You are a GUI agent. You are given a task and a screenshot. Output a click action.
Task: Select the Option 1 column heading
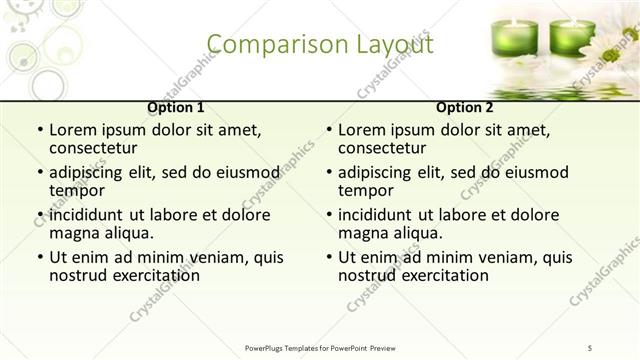point(176,107)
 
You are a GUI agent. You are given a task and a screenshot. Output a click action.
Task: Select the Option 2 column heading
point(465,107)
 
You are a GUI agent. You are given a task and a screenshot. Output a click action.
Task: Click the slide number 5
point(591,347)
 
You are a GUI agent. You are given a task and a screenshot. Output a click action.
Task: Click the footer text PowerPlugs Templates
point(290,347)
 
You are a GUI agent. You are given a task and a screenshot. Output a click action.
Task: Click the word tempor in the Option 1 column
point(77,190)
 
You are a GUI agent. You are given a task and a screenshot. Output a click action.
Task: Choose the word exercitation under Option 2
point(439,275)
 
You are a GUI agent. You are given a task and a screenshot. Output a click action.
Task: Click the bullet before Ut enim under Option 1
point(38,258)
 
